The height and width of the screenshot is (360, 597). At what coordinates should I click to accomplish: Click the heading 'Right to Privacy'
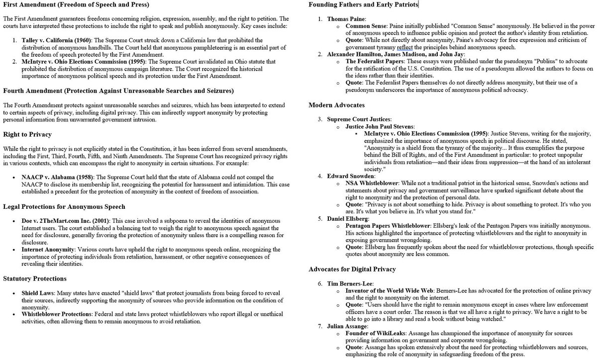click(x=27, y=135)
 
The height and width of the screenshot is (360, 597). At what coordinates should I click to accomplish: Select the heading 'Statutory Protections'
click(x=34, y=278)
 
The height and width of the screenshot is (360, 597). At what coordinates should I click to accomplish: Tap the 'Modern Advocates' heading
click(x=337, y=105)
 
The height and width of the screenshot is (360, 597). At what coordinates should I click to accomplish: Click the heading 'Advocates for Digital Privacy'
click(x=352, y=269)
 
